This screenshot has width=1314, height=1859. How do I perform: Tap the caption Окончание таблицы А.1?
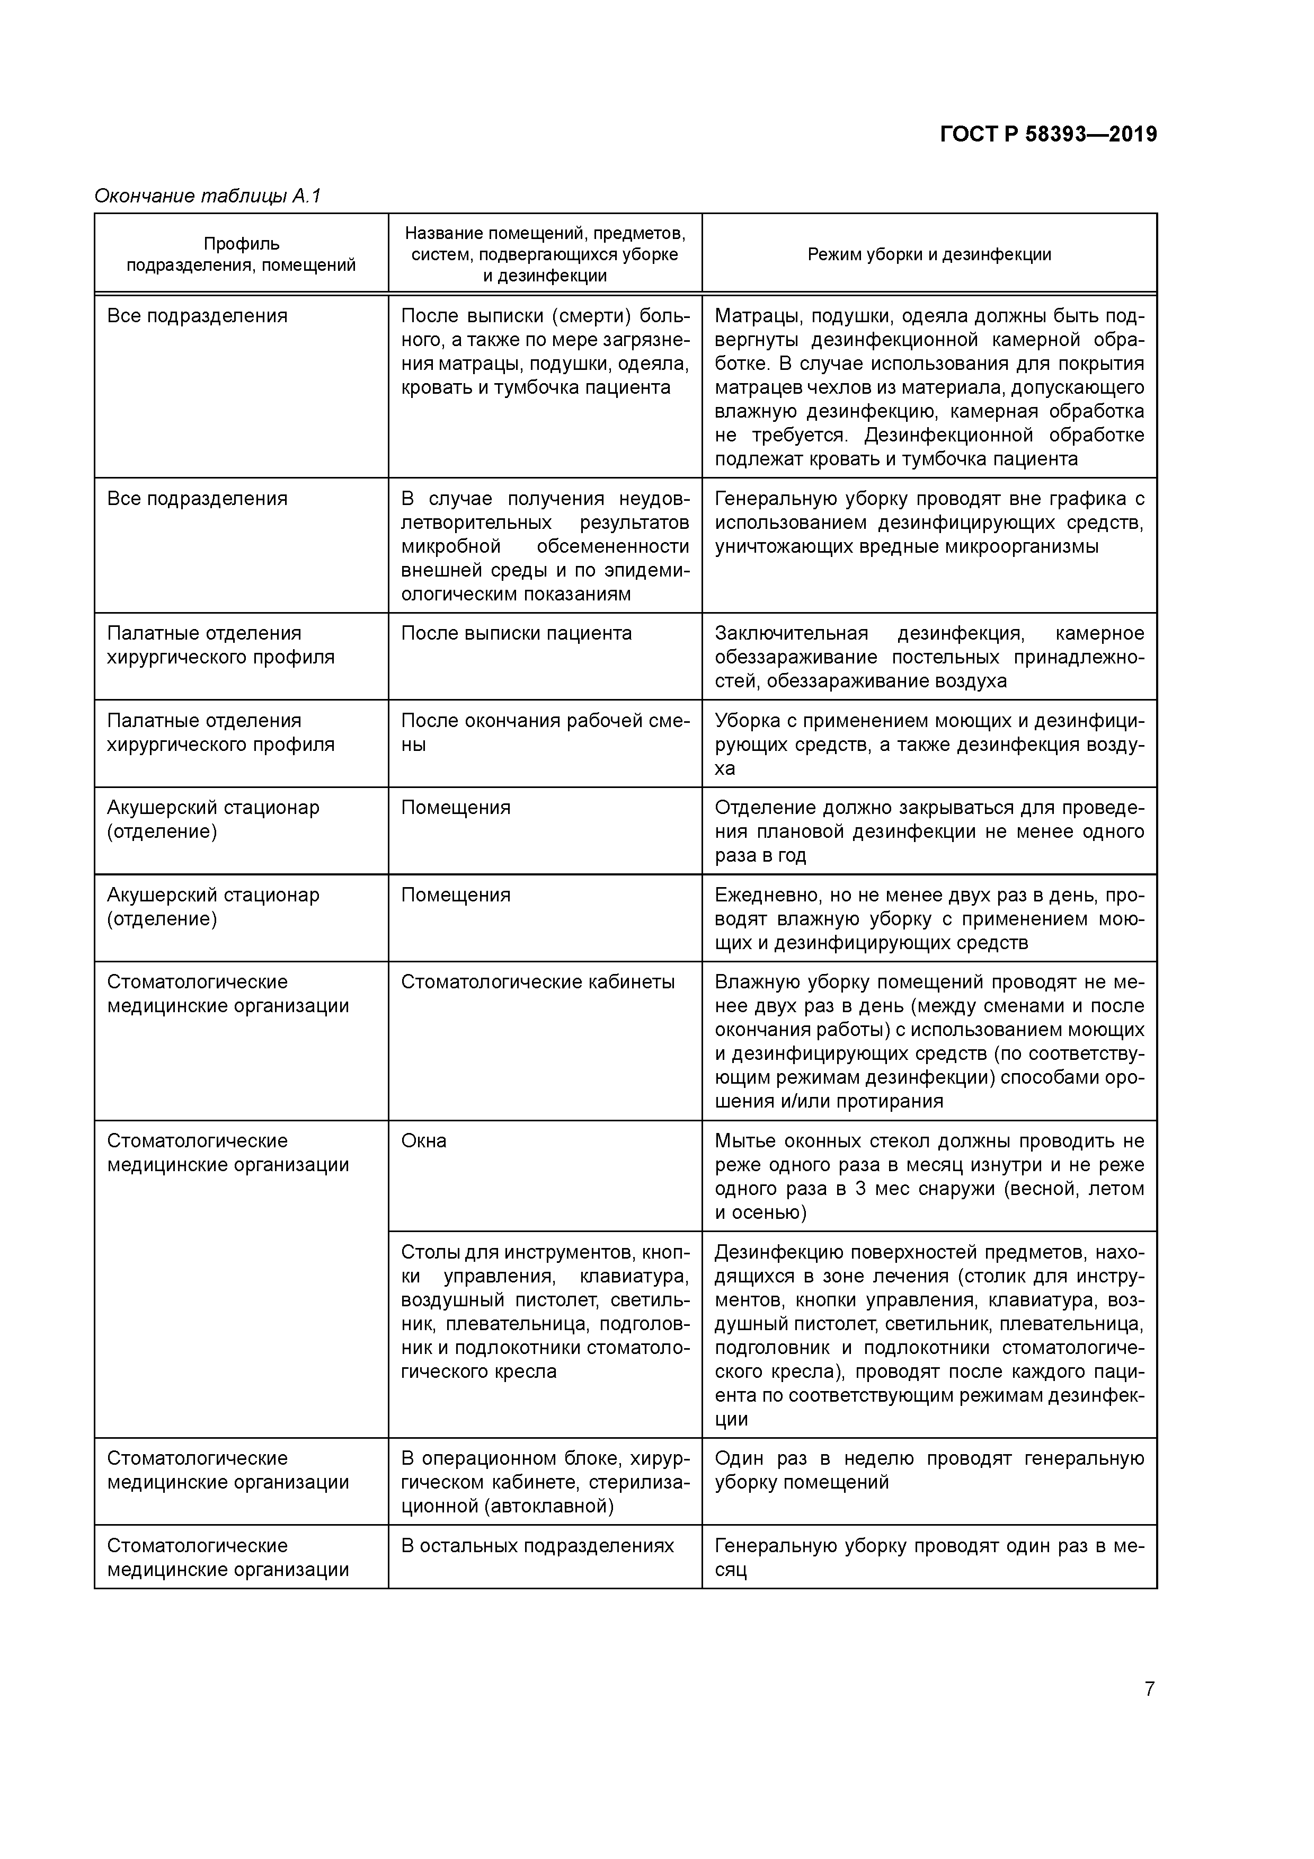click(208, 196)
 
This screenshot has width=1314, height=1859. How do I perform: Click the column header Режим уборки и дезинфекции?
click(929, 254)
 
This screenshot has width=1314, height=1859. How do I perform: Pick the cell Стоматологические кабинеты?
click(538, 982)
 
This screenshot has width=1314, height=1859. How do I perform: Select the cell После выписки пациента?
click(516, 633)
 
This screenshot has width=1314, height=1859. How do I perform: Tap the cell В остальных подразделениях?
click(538, 1546)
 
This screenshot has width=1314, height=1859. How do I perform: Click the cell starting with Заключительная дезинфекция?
click(929, 657)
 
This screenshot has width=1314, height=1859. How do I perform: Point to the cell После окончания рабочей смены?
click(545, 732)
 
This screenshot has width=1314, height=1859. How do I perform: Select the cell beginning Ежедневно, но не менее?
click(929, 918)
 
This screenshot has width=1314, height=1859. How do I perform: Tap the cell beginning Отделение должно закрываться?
click(929, 831)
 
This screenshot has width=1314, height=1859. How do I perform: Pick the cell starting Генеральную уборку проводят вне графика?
click(929, 522)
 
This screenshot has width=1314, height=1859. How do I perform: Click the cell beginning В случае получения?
click(545, 546)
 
